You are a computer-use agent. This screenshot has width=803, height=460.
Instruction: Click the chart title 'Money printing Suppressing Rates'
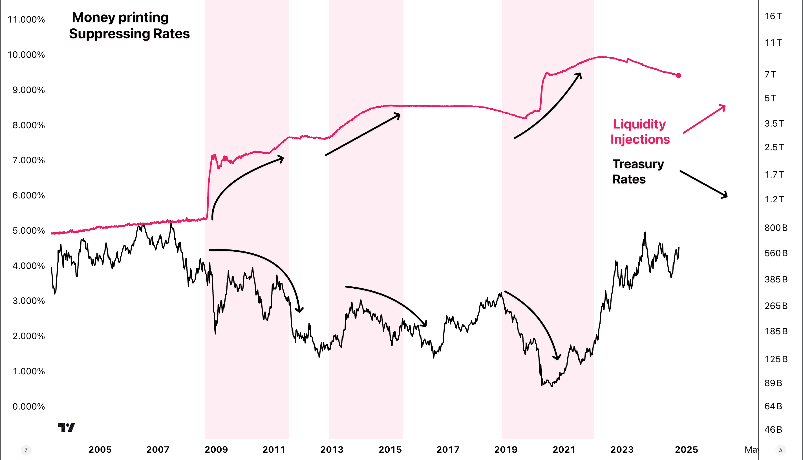coord(129,25)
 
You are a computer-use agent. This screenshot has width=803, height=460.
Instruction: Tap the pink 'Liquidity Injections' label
coord(640,131)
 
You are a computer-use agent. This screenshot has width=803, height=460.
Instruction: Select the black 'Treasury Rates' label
coord(638,172)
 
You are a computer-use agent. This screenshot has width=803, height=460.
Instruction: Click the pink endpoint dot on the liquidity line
coord(678,76)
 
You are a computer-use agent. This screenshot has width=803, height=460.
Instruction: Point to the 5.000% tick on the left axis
coord(29,231)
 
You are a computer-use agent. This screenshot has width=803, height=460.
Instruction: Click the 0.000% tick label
coord(29,406)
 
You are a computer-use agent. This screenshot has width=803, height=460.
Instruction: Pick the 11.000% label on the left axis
coord(26,19)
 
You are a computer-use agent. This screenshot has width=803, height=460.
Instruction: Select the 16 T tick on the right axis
coord(773,16)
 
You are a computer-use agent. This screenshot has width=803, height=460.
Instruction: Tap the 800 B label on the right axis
coord(776,228)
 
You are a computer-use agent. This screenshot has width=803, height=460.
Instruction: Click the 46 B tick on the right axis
coord(773,430)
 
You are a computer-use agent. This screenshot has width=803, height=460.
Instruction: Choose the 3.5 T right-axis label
coord(774,123)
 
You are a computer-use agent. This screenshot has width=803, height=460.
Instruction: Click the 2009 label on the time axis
coord(216,450)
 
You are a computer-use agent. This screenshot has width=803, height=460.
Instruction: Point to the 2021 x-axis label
coord(564,450)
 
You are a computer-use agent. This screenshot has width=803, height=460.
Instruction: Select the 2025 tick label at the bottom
coord(686,450)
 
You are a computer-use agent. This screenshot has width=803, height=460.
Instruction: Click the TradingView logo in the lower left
coord(66,428)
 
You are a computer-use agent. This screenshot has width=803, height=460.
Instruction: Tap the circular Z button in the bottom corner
coord(26,450)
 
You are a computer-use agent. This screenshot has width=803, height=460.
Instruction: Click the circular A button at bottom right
coord(780,450)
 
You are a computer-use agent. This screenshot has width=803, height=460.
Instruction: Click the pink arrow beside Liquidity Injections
coord(704,119)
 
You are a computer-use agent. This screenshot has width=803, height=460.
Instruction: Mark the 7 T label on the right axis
coord(770,75)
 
